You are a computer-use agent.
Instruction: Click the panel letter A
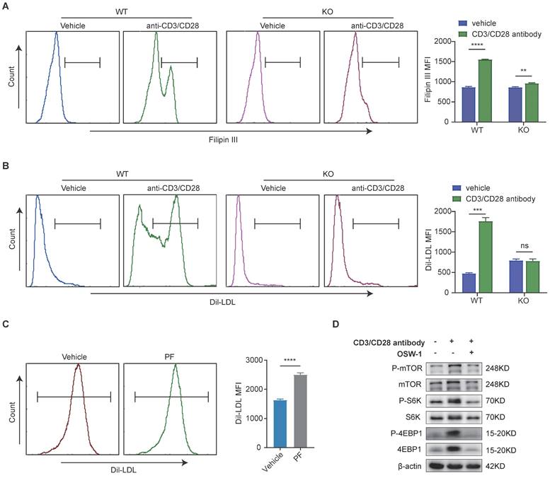click(x=6, y=8)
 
